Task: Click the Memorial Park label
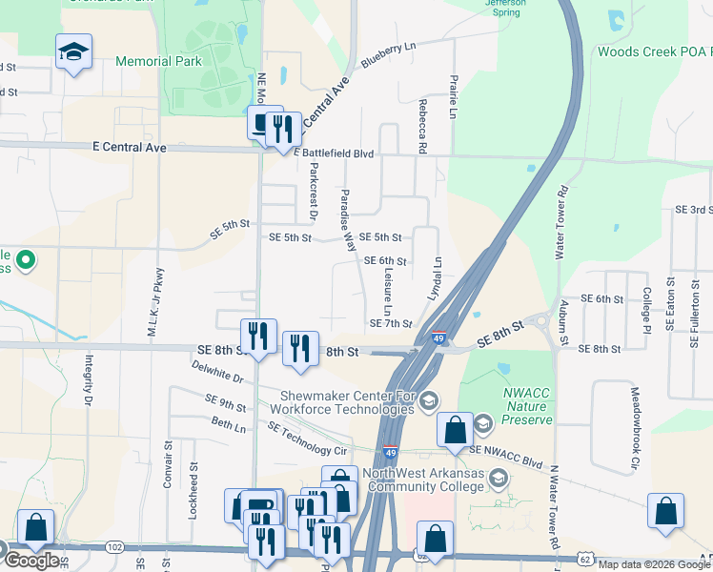click(x=158, y=61)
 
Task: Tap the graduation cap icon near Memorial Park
click(x=72, y=51)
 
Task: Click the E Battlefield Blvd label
click(x=335, y=153)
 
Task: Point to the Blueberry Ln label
click(x=390, y=56)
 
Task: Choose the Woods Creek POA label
click(x=654, y=51)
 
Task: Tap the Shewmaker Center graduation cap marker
click(x=429, y=399)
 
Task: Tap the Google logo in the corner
click(x=31, y=561)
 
